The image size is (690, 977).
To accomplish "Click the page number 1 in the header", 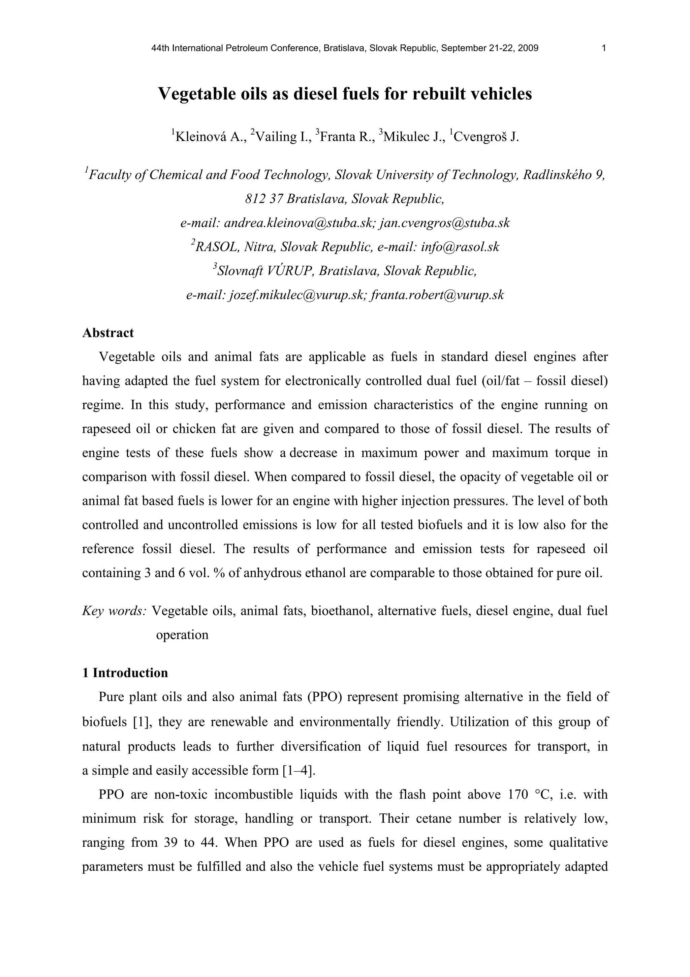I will pos(604,48).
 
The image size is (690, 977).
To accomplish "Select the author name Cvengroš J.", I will pos(487,137).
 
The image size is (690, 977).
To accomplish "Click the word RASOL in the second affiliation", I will pos(217,247).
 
